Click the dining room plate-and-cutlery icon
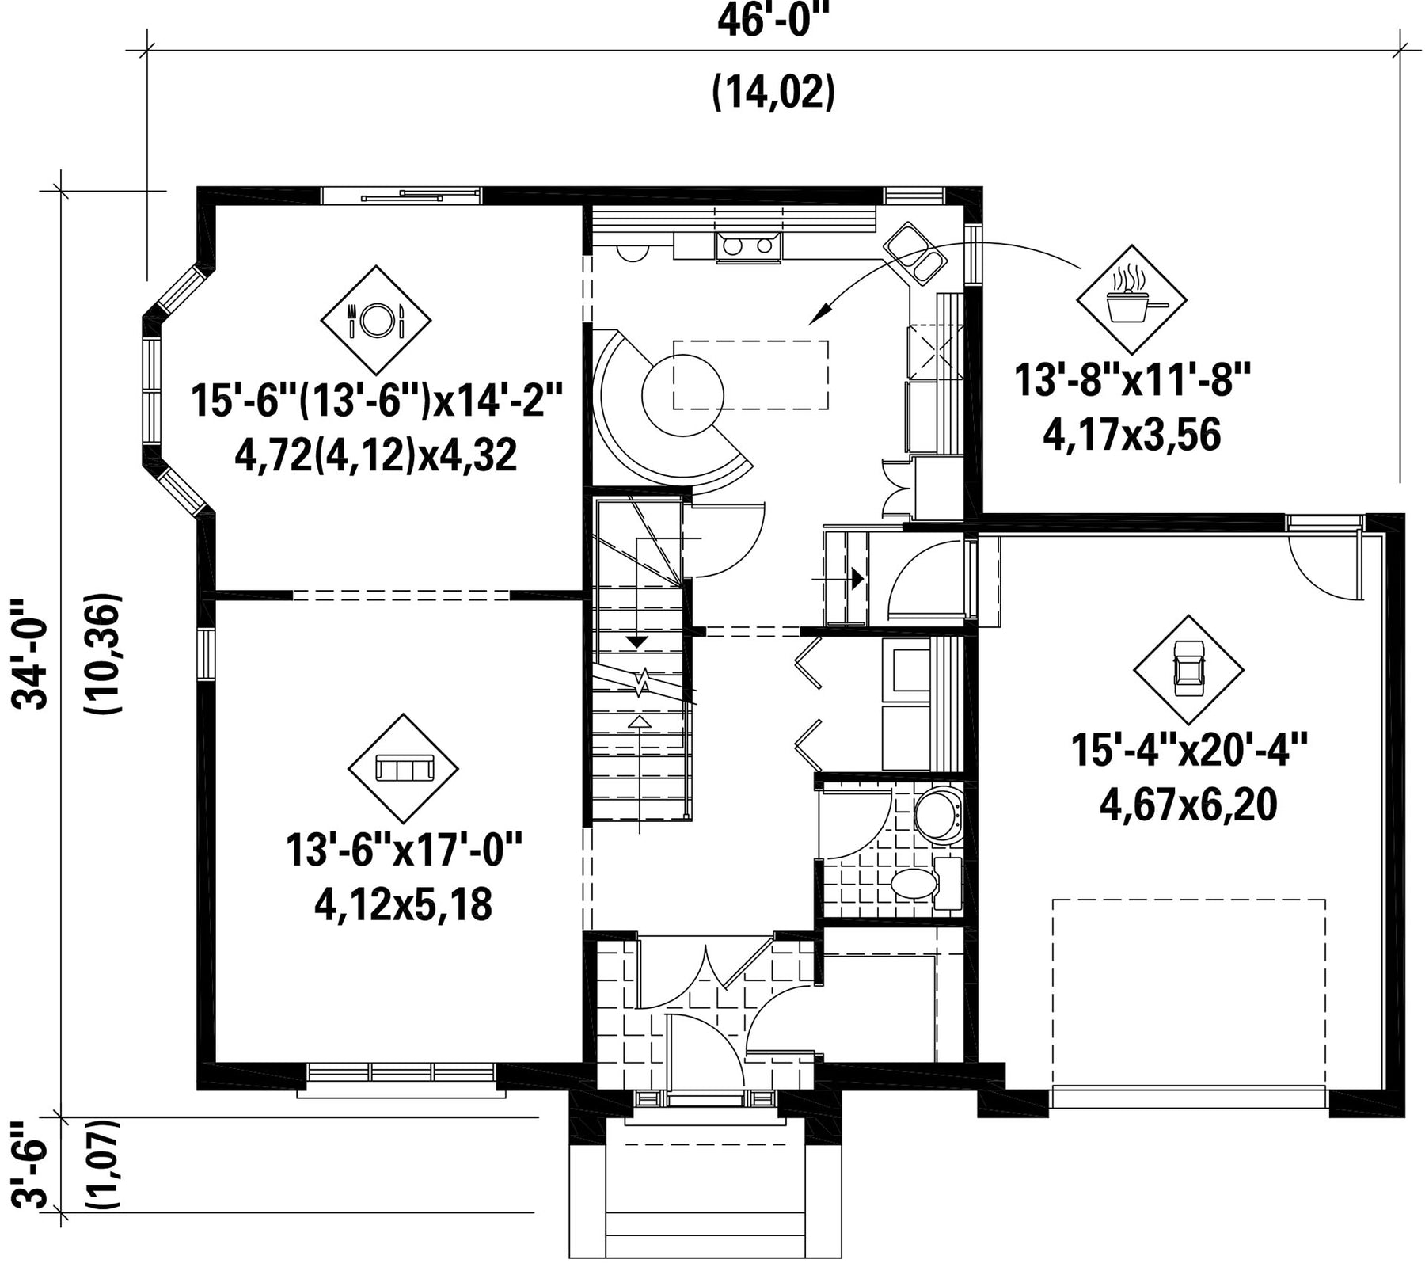point(376,320)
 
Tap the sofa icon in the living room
point(404,768)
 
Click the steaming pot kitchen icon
point(1132,299)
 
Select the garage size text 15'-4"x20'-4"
point(1188,750)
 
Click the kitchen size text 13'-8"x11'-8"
point(1132,379)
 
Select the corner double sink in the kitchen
point(914,253)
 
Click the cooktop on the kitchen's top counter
point(749,246)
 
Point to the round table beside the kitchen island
point(682,394)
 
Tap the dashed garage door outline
point(1189,994)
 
